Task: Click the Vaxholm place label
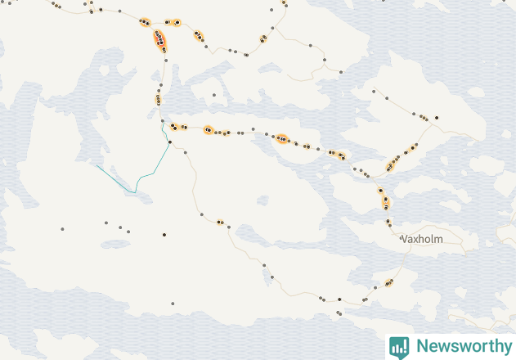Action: coord(423,239)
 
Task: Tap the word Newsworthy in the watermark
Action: coord(461,346)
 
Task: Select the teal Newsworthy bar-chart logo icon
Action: coord(399,346)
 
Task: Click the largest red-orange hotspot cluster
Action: coord(159,38)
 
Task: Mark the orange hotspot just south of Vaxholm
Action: coord(388,282)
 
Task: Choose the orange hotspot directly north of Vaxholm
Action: coord(384,199)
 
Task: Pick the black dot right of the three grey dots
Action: coord(164,235)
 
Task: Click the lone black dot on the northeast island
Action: coord(437,118)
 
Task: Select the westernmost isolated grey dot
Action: coord(62,228)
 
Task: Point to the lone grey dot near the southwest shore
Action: coord(173,304)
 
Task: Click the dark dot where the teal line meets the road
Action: coord(169,142)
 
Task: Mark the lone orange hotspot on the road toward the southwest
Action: coord(220,222)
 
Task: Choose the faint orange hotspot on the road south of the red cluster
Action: coord(158,99)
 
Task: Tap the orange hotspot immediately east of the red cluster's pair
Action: coord(199,35)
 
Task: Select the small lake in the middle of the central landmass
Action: coord(262,200)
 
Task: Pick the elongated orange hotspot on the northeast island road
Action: coord(391,165)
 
